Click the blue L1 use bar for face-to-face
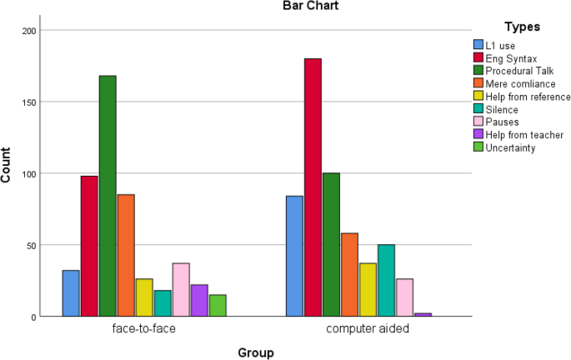[x=71, y=293]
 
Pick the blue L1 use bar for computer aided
[x=294, y=257]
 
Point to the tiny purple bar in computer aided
[x=423, y=315]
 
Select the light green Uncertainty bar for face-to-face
[x=218, y=306]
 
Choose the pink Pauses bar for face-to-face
[x=181, y=290]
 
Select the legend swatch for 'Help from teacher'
[x=478, y=135]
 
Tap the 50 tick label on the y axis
[x=32, y=246]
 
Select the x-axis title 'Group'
[x=256, y=352]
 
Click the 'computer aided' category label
[x=368, y=329]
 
